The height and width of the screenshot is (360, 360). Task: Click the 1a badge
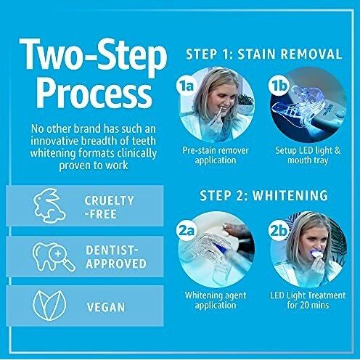click(186, 86)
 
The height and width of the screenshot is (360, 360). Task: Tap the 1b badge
click(278, 86)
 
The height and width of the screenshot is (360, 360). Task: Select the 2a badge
click(187, 231)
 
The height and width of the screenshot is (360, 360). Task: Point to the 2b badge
click(278, 231)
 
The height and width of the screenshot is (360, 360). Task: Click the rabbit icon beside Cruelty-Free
click(49, 205)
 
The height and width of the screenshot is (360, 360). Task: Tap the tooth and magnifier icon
click(54, 257)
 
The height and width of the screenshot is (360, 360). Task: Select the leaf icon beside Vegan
click(49, 306)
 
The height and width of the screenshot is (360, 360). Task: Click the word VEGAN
click(106, 307)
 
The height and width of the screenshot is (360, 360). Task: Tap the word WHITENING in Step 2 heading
click(290, 195)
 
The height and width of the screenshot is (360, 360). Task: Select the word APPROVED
click(116, 263)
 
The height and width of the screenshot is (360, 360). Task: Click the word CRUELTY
click(109, 200)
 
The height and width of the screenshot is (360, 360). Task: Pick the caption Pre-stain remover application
click(216, 155)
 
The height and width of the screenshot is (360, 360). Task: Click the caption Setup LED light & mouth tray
click(308, 155)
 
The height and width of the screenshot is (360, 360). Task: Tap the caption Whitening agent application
click(216, 300)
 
